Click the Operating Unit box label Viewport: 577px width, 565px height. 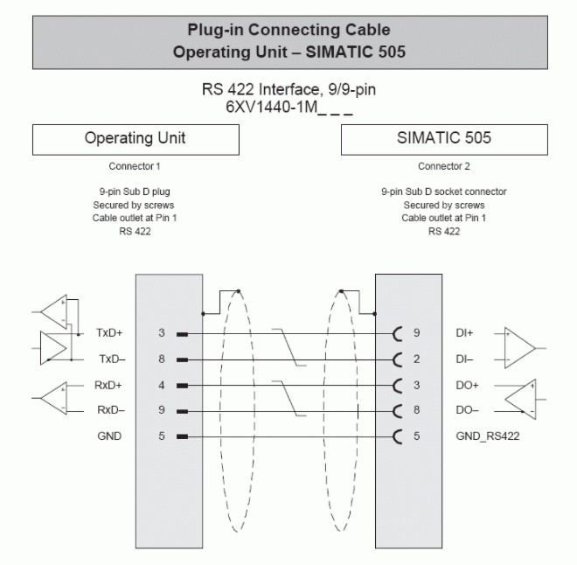pos(135,138)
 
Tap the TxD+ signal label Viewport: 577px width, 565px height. pos(111,333)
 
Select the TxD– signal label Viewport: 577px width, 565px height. pos(111,359)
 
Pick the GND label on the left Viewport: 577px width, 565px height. pos(109,436)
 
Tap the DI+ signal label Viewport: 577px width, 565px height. pos(464,333)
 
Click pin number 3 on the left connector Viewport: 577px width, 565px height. pos(162,333)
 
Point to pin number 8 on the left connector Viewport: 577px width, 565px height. pos(162,359)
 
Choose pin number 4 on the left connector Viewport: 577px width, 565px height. pos(162,384)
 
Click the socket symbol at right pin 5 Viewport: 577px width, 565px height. pos(399,436)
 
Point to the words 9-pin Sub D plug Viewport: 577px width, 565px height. pos(135,191)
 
